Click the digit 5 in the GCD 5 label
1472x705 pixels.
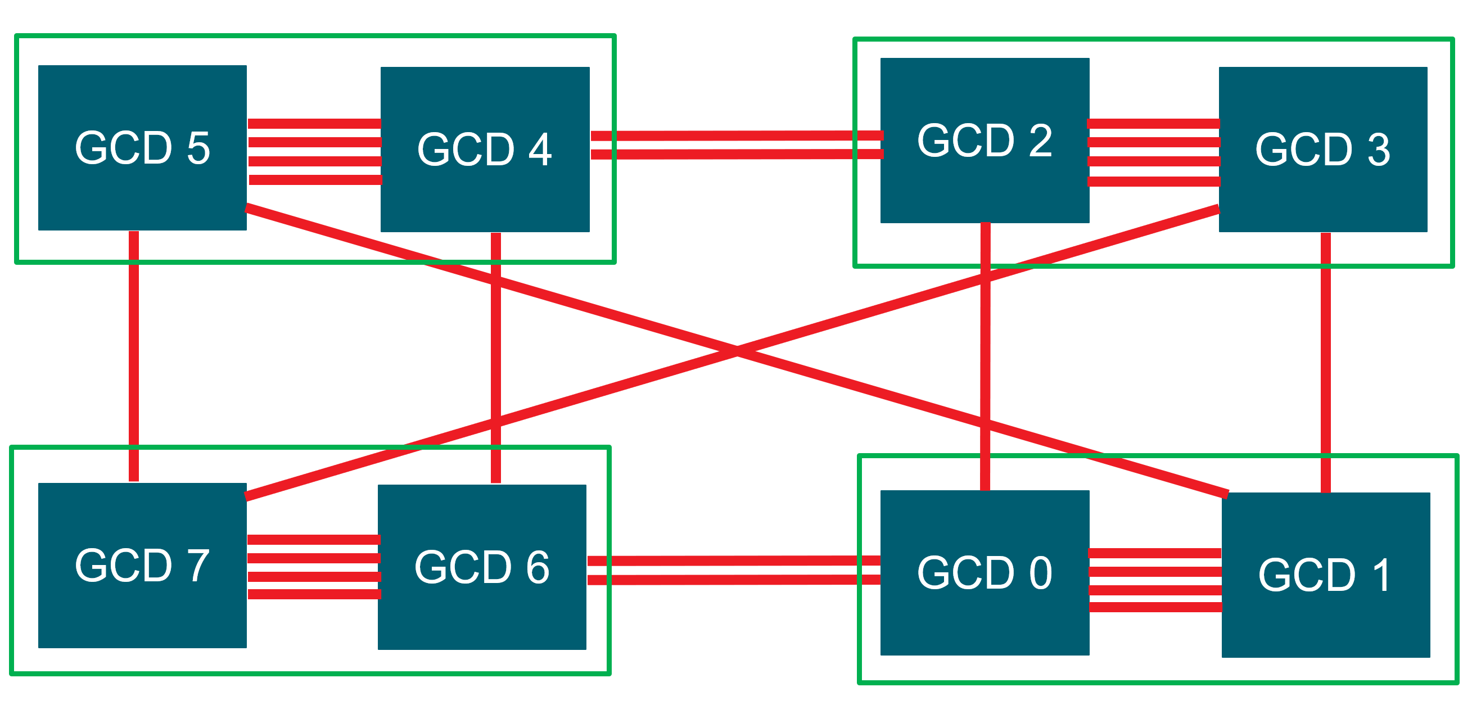point(198,148)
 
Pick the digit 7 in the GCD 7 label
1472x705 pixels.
point(198,566)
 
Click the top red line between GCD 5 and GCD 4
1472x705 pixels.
point(314,124)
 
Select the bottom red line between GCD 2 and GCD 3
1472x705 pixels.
point(1154,182)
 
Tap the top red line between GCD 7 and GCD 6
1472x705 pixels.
point(314,539)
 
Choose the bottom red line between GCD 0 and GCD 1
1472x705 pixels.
point(1155,607)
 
